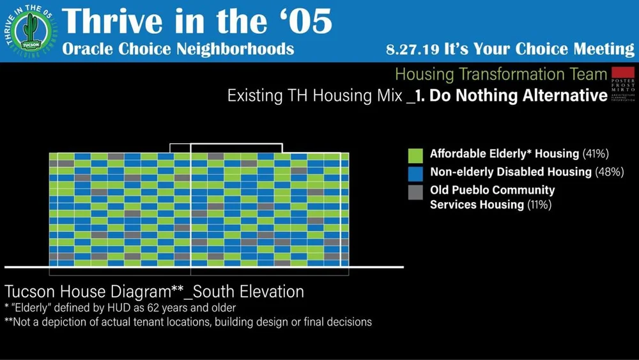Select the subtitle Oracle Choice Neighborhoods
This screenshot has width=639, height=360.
(178, 49)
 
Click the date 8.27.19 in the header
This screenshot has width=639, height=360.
(415, 50)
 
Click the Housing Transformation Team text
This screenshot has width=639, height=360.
(500, 74)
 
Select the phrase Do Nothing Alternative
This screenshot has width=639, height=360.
(518, 96)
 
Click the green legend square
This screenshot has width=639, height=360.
(415, 155)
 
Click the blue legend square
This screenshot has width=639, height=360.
(415, 173)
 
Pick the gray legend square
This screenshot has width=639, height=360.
(415, 191)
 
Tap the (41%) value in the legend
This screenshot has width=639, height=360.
(595, 154)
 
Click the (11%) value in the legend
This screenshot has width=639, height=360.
(539, 205)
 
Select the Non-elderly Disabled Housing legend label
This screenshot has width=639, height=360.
(511, 172)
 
